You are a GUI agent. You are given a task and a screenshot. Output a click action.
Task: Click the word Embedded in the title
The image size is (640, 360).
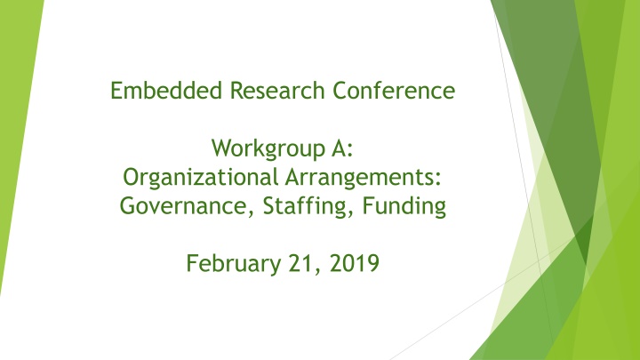click(166, 90)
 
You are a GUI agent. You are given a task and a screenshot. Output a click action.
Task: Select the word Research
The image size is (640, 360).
click(277, 90)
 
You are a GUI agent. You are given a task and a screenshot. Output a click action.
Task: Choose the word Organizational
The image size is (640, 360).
click(200, 178)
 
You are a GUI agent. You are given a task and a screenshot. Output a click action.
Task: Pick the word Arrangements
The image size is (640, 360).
click(360, 178)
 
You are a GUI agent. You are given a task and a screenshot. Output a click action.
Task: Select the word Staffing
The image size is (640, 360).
click(304, 206)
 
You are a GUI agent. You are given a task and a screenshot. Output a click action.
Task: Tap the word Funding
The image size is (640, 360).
click(404, 206)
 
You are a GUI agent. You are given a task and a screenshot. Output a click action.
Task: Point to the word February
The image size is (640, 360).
click(234, 264)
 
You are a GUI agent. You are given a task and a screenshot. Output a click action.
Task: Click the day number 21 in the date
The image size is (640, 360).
click(300, 263)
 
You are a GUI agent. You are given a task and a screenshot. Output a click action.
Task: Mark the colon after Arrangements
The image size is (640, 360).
click(438, 180)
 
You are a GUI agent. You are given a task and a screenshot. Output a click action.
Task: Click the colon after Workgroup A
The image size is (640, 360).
click(349, 151)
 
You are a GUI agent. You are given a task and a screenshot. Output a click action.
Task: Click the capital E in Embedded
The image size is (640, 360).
click(116, 90)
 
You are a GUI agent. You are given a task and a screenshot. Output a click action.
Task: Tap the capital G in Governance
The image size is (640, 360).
click(128, 205)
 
